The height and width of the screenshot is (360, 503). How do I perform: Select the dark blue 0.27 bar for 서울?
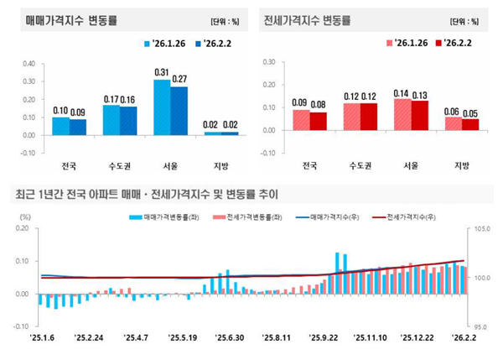pyautogui.click(x=179, y=110)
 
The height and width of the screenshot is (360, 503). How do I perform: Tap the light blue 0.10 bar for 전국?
pyautogui.click(x=60, y=125)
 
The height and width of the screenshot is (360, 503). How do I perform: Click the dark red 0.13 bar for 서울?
pyautogui.click(x=419, y=115)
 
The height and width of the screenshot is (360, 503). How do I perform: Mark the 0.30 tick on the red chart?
pyautogui.click(x=268, y=62)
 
